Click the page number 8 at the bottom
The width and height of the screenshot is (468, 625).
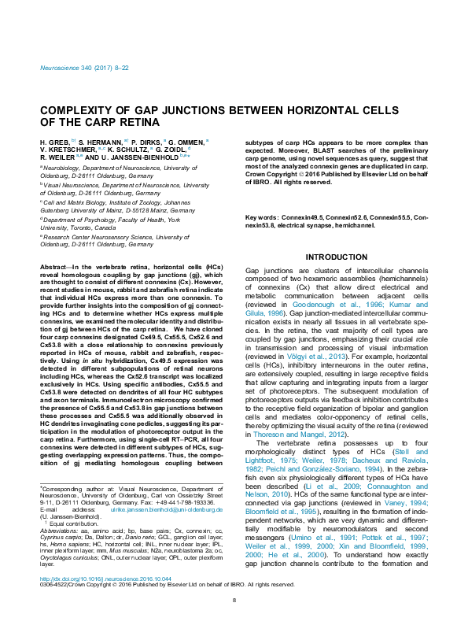tap(234, 623)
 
